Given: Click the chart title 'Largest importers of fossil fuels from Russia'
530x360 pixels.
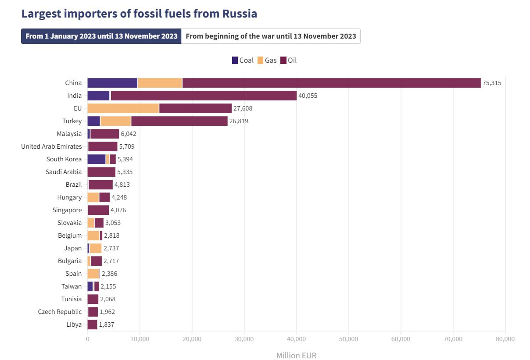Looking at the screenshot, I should pyautogui.click(x=139, y=14).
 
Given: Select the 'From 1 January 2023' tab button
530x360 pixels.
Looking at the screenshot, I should pyautogui.click(x=101, y=36).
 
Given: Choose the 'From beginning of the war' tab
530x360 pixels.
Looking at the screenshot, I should pyautogui.click(x=271, y=36).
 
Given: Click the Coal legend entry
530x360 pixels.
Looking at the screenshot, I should pyautogui.click(x=243, y=60).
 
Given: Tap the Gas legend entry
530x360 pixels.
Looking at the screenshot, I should pyautogui.click(x=267, y=60).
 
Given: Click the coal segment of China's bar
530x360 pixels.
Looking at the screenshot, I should pyautogui.click(x=112, y=83).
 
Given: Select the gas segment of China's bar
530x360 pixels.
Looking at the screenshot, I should pyautogui.click(x=160, y=83).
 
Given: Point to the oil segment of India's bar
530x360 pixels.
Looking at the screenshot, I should pyautogui.click(x=204, y=96).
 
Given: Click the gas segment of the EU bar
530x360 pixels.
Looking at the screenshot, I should pyautogui.click(x=123, y=108).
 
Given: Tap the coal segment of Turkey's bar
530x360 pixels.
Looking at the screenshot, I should pyautogui.click(x=93, y=121).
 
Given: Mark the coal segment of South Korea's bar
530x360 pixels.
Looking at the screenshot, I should pyautogui.click(x=97, y=159).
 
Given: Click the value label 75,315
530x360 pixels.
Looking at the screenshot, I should pyautogui.click(x=492, y=83).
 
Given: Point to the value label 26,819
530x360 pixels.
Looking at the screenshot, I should pyautogui.click(x=239, y=121).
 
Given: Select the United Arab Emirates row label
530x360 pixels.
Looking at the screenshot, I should pyautogui.click(x=51, y=146).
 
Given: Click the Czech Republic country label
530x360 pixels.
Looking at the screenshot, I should pyautogui.click(x=60, y=312).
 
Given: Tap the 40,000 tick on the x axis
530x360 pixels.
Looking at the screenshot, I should pyautogui.click(x=296, y=339).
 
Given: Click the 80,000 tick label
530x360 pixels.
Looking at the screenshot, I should pyautogui.click(x=505, y=339).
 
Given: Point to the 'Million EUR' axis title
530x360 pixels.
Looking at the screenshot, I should pyautogui.click(x=296, y=355).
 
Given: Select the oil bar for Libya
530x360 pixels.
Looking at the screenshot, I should pyautogui.click(x=92, y=324).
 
